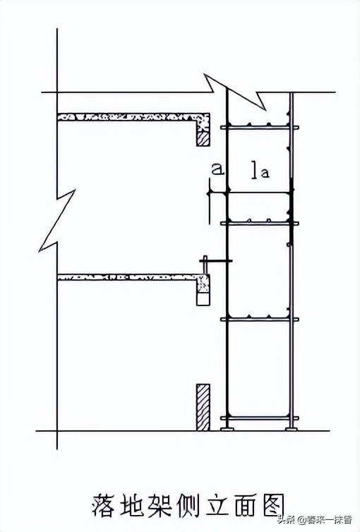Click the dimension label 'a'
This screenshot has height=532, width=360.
[217, 169]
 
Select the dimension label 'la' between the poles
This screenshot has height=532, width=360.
[260, 171]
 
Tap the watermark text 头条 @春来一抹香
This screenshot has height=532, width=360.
[315, 519]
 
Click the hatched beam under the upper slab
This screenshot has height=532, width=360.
[203, 139]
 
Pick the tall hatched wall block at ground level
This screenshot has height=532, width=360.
[203, 407]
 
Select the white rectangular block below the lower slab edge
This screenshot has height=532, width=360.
[203, 298]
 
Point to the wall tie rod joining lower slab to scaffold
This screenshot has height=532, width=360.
[216, 260]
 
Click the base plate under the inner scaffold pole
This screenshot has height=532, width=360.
[227, 429]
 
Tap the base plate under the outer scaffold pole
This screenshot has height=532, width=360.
[292, 429]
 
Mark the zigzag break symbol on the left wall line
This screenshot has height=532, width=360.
[57, 221]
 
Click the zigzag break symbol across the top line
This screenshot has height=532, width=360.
[235, 92]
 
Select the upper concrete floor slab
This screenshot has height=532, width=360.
[133, 117]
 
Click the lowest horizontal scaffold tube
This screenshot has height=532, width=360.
[260, 418]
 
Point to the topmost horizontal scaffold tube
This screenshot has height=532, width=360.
[260, 128]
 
